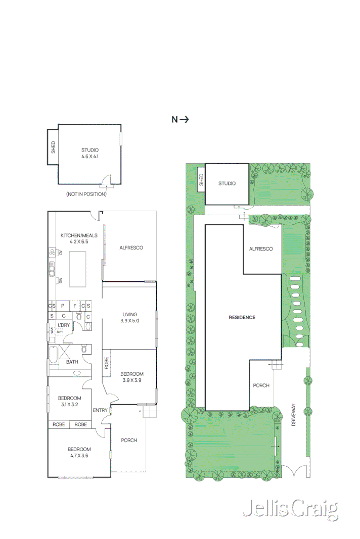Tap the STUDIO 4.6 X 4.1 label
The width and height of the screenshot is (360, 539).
pyautogui.click(x=89, y=154)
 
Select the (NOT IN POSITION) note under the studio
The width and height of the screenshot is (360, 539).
pyautogui.click(x=86, y=194)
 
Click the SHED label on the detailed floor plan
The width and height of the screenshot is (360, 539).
pyautogui.click(x=53, y=147)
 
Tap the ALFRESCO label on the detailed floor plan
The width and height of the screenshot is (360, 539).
pyautogui.click(x=131, y=248)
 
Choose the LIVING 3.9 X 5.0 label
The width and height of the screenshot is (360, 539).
pyautogui.click(x=129, y=318)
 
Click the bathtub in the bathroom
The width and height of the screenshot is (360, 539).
pyautogui.click(x=53, y=355)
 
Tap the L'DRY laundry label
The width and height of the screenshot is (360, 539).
pyautogui.click(x=64, y=325)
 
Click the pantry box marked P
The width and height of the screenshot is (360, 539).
pyautogui.click(x=63, y=306)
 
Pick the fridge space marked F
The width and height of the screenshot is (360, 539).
pyautogui.click(x=75, y=306)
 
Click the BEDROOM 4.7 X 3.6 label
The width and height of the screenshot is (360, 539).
pyautogui.click(x=79, y=452)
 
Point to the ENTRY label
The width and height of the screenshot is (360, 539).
pyautogui.click(x=100, y=410)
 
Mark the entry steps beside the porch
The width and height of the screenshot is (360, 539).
pyautogui.click(x=150, y=413)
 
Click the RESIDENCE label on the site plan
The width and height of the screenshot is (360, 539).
pyautogui.click(x=242, y=317)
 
